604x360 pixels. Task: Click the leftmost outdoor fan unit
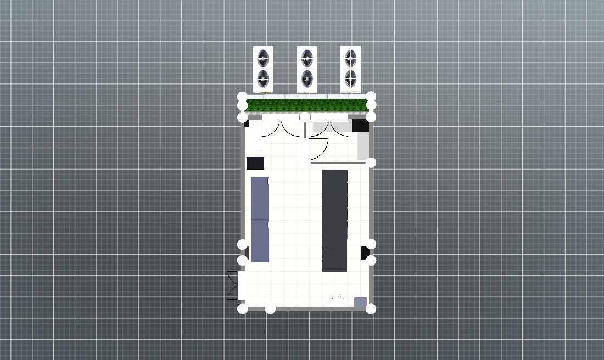pos(263,69)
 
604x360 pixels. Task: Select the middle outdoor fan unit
pos(307,69)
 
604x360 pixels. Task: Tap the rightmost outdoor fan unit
pos(350,69)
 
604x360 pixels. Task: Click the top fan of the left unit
pos(264,58)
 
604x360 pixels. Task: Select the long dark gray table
pos(334,220)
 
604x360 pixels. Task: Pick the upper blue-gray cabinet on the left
pos(260,198)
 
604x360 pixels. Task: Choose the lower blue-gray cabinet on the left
pos(260,241)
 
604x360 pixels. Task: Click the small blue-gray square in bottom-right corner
pos(360,302)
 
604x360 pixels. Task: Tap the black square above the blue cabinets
pos(255,163)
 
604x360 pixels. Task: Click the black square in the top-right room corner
pos(360,126)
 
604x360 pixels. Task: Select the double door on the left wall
pos(233,285)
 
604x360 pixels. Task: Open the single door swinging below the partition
pos(319,148)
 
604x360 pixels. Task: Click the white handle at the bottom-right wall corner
pos(371,309)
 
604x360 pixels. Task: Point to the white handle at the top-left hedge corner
pos(242,97)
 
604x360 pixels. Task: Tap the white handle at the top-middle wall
pos(305,117)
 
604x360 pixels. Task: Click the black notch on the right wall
pos(365,252)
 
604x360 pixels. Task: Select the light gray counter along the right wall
pos(363,146)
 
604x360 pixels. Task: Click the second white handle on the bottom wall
pos(270,310)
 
